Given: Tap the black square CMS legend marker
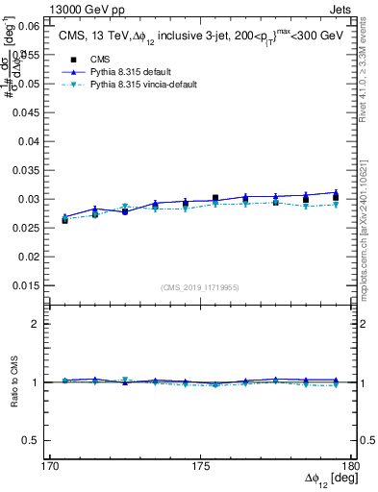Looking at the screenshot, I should point(67,58).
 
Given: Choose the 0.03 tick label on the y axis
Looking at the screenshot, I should point(28,199).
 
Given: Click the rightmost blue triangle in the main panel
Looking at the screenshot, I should point(335,193).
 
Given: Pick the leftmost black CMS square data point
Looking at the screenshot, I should point(64,220).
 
